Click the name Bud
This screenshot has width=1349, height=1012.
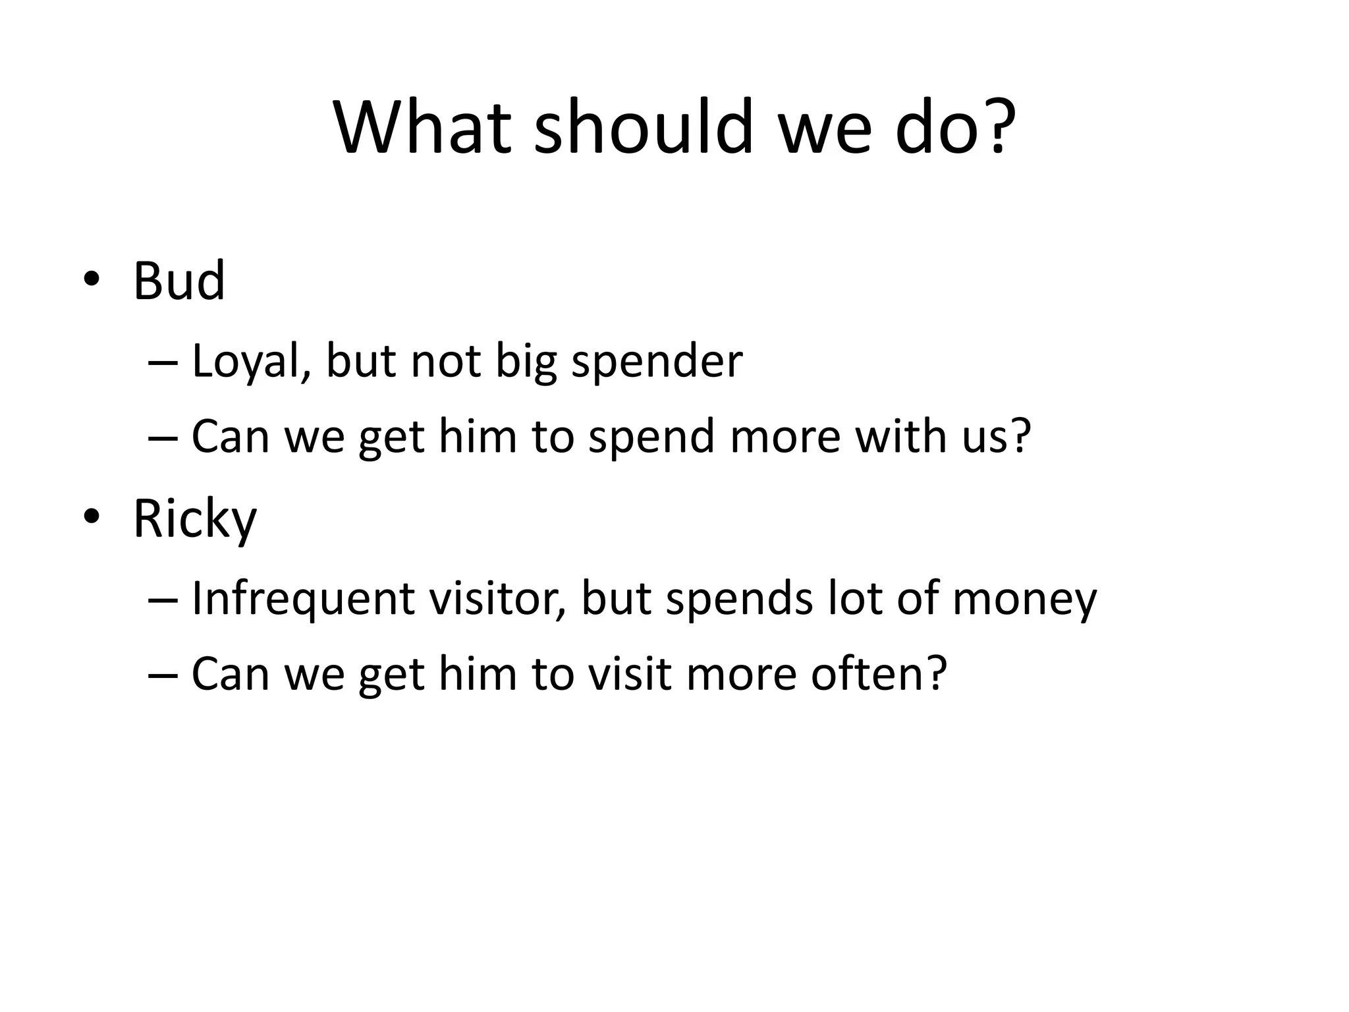point(179,281)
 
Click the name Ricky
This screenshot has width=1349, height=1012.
point(194,520)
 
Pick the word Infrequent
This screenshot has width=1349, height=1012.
point(303,600)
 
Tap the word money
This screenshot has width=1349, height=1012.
point(1024,600)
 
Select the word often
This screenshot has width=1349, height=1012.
point(869,674)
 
